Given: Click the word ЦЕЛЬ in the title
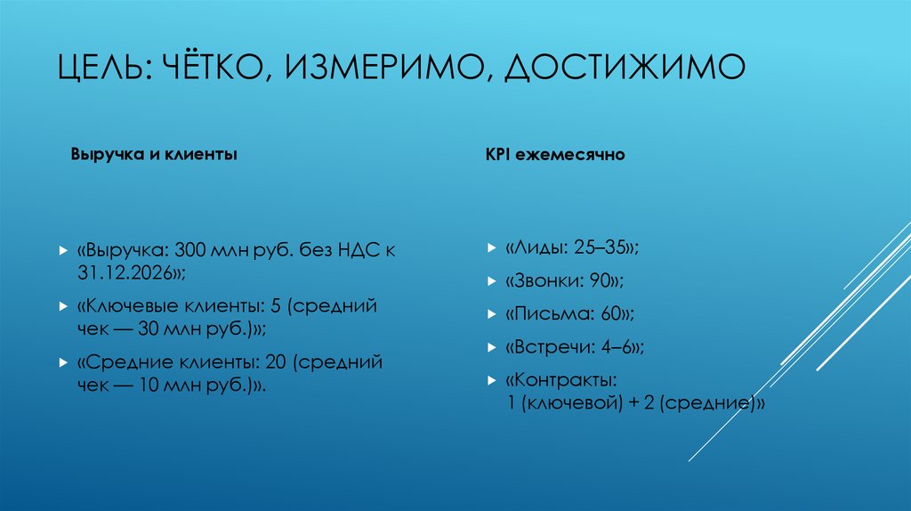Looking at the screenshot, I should (x=101, y=68).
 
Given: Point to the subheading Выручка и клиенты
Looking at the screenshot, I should (x=154, y=154).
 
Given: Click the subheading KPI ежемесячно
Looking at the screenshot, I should (x=555, y=154).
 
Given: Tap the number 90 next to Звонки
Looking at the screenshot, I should (x=600, y=281).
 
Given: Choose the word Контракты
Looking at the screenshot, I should (x=560, y=380).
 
